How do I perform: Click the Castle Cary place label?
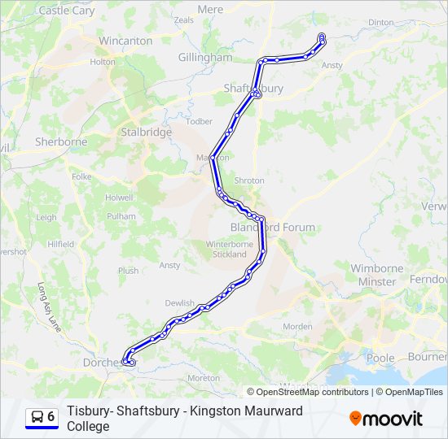tap(67, 11)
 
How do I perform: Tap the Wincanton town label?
tap(125, 41)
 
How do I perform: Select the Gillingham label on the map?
tap(205, 58)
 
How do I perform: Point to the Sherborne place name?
tap(61, 141)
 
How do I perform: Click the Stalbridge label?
tap(146, 132)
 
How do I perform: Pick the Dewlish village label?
tap(179, 303)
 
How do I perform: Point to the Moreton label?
tap(203, 378)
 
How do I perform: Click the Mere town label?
tap(210, 9)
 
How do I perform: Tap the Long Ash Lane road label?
tap(49, 306)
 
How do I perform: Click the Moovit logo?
tap(386, 419)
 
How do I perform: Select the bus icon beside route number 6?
tap(37, 417)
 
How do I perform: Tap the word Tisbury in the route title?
tap(90, 411)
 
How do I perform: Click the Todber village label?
tap(200, 122)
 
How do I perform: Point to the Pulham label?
tap(121, 216)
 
